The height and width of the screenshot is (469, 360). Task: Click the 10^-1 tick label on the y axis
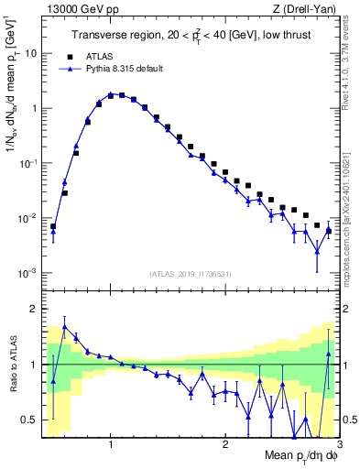coord(27,163)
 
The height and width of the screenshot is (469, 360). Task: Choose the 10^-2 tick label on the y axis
coord(27,218)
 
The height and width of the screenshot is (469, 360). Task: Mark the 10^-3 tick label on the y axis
coord(27,273)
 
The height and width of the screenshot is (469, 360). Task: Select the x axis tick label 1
coord(111,444)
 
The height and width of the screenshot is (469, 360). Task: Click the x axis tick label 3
coord(338,444)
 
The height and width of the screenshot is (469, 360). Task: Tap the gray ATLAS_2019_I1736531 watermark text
coord(190,274)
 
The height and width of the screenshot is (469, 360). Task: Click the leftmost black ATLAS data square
coord(53,226)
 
